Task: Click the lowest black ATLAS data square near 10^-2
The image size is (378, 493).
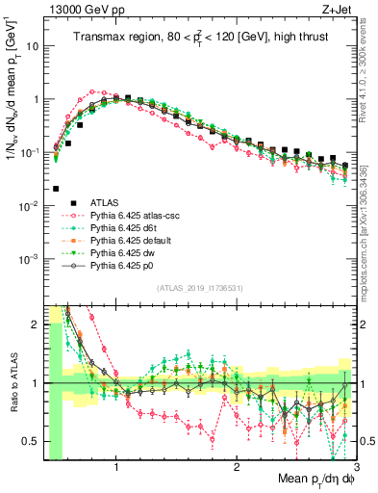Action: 56,189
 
